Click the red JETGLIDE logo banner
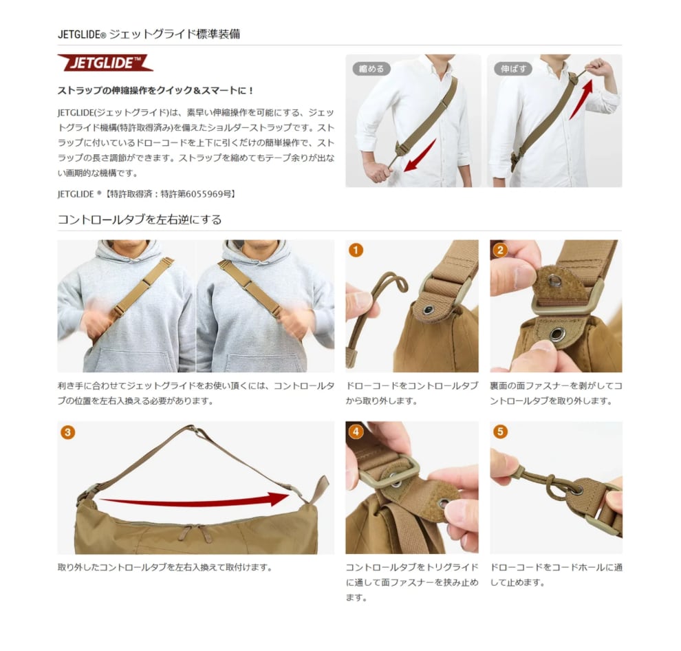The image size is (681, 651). (x=105, y=63)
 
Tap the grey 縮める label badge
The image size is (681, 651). (x=371, y=69)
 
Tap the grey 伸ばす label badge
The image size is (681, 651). (x=513, y=69)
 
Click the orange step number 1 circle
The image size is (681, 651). (x=356, y=250)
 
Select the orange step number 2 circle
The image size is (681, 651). (x=500, y=250)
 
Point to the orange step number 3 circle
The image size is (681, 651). (x=67, y=432)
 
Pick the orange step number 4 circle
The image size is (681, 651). (x=356, y=431)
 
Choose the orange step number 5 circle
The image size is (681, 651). (x=500, y=431)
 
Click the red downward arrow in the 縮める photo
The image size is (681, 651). (x=420, y=156)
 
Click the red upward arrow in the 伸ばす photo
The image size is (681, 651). (x=581, y=99)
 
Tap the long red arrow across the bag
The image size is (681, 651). (x=195, y=500)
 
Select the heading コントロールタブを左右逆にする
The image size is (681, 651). (x=140, y=220)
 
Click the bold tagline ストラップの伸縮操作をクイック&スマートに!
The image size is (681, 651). (x=156, y=90)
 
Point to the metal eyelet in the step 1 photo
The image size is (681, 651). (x=429, y=310)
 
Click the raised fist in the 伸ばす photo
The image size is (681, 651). (x=599, y=68)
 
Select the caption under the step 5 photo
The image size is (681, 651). (x=556, y=575)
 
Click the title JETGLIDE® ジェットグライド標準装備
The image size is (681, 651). (x=149, y=34)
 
